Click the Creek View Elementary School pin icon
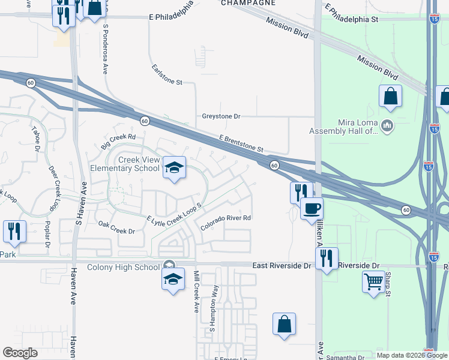pos(174,168)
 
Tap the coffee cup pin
pos(312,209)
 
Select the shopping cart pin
pos(373,281)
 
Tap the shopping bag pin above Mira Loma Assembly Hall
pos(390,96)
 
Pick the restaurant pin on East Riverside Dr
pos(327,258)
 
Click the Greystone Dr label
pos(221,116)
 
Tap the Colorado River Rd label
pos(225,222)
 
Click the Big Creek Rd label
pos(119,142)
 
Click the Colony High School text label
pos(124,267)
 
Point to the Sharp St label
pos(388,284)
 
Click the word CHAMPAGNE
pos(248,3)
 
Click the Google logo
pos(20,353)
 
